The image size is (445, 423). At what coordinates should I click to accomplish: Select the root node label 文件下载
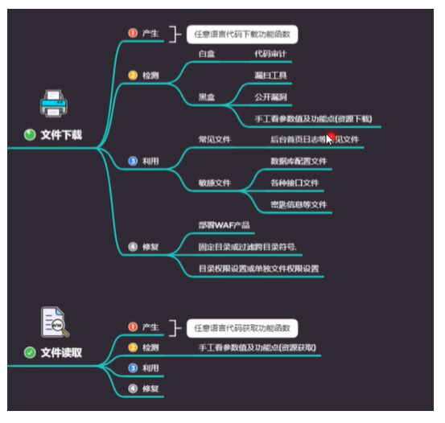coord(61,135)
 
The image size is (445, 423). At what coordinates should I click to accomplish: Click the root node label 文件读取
coord(61,352)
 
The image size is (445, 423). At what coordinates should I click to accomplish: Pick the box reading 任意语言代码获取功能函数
coord(243,328)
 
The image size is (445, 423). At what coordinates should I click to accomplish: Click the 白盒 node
coord(208,54)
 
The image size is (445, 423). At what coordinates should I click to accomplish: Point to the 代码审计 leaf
coord(271,54)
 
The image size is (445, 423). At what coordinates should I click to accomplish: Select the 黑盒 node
coord(208,97)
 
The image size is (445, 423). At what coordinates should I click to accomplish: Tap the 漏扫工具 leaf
coord(271,76)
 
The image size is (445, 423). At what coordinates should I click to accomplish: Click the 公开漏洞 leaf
coord(271,97)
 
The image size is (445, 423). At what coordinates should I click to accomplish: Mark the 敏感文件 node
coord(215,183)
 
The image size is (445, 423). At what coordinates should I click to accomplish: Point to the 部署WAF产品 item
coord(224,224)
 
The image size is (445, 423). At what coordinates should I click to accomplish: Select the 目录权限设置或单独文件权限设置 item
coord(259,269)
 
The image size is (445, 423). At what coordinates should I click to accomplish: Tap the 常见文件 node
coord(215,139)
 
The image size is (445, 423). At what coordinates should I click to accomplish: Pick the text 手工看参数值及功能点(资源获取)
coord(258,348)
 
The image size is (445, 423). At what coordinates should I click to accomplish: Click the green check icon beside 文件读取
coord(30,352)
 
